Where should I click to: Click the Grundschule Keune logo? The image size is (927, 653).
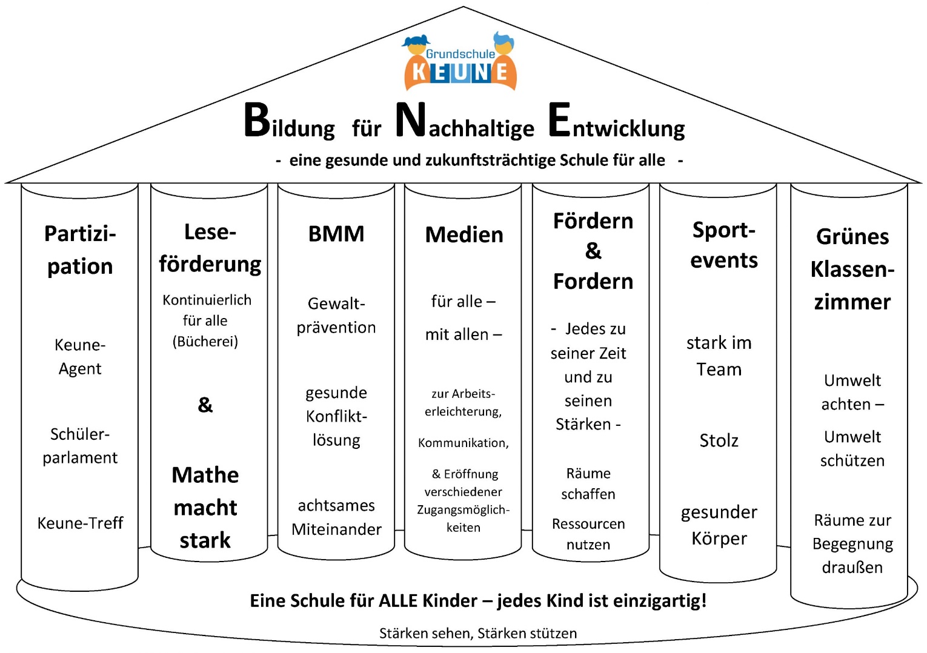(x=460, y=62)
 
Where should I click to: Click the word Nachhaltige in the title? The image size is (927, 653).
(x=465, y=122)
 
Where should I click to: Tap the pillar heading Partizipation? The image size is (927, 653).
(x=80, y=250)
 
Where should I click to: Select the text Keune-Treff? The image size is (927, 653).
(x=80, y=523)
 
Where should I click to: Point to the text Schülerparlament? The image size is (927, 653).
(x=80, y=445)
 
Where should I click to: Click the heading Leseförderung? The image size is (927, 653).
(x=210, y=248)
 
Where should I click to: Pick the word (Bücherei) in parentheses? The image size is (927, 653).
(x=205, y=342)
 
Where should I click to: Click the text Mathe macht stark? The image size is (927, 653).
(x=205, y=507)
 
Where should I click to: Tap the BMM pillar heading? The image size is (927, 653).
(x=336, y=234)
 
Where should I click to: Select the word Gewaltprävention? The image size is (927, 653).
(x=336, y=315)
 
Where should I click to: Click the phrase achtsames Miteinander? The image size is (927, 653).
(x=336, y=517)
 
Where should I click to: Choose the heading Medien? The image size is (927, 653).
(x=464, y=234)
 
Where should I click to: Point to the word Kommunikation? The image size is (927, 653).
(x=463, y=443)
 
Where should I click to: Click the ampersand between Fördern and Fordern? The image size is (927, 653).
(x=593, y=251)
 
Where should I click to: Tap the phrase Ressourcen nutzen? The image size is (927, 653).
(x=588, y=534)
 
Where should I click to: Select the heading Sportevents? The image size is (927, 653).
(x=723, y=245)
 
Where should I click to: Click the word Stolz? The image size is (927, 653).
(x=719, y=440)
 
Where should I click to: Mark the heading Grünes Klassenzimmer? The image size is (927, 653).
(x=852, y=269)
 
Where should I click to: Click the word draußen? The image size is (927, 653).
(x=852, y=568)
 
